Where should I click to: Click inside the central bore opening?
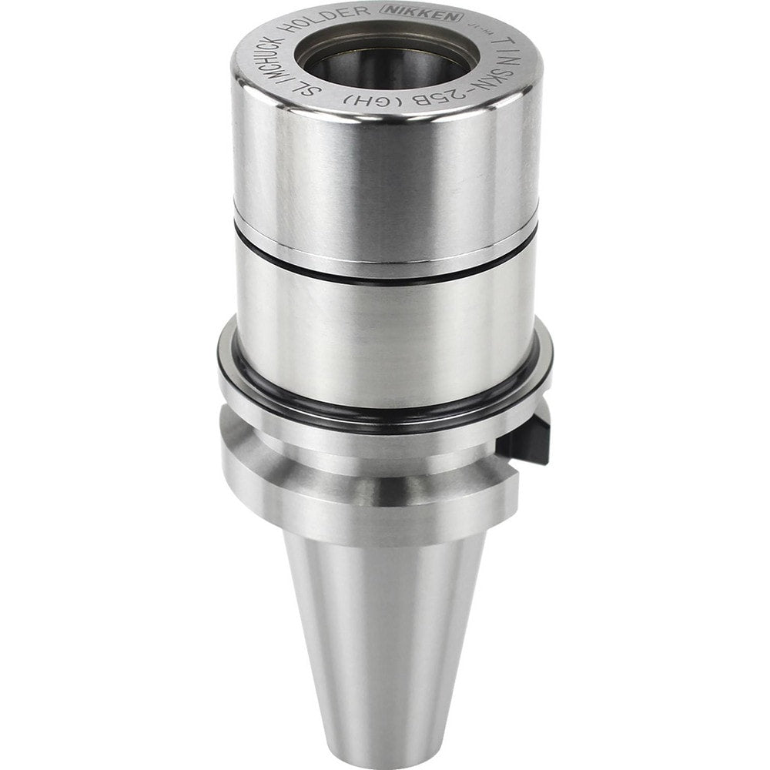(385, 62)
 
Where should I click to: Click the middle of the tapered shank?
(385, 631)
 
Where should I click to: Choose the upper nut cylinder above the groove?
(385, 177)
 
